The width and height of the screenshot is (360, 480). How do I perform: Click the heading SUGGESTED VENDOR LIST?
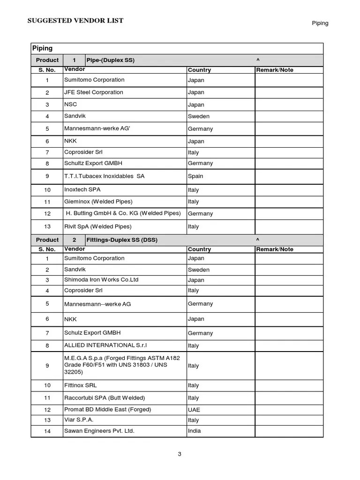[x=75, y=21]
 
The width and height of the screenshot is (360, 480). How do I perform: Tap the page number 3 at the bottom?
[x=180, y=454]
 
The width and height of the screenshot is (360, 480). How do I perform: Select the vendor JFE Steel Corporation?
[x=93, y=92]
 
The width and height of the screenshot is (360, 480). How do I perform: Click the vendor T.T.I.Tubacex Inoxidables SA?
[x=104, y=176]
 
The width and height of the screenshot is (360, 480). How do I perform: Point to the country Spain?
[x=195, y=176]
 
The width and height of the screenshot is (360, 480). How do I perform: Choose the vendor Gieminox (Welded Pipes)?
[x=98, y=202]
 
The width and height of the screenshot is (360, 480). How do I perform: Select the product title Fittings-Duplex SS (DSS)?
[x=122, y=240]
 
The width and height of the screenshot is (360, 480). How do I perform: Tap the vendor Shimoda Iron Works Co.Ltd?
[x=101, y=280]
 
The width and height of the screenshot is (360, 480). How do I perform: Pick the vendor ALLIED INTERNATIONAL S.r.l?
[x=105, y=345]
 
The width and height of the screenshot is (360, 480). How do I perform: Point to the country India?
[x=194, y=431]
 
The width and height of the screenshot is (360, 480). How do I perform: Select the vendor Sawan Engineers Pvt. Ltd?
[x=99, y=431]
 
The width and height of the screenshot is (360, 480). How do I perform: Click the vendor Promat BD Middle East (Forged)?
[x=107, y=410]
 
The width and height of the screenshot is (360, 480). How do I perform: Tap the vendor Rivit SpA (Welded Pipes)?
[x=98, y=226]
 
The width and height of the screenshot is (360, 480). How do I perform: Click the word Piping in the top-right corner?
[x=320, y=23]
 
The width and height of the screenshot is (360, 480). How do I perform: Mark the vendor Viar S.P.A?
[x=79, y=420]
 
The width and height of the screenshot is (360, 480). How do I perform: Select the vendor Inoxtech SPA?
[x=82, y=189]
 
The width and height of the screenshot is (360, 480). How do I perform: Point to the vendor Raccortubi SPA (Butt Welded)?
[x=105, y=398]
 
